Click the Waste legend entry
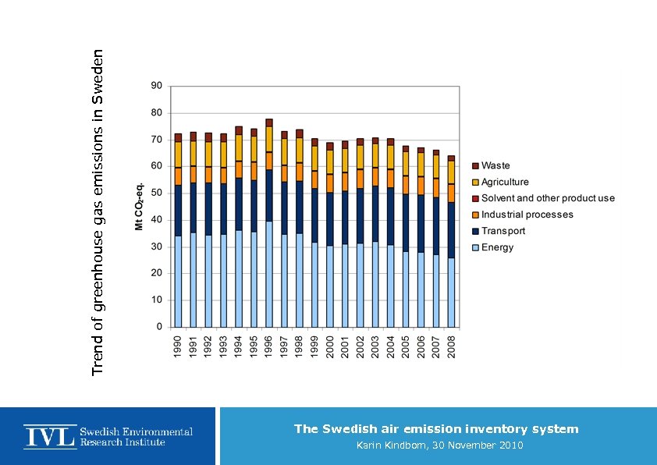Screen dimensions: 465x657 (x=495, y=165)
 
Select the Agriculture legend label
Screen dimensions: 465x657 (x=505, y=182)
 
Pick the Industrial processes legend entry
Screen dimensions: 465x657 (x=527, y=215)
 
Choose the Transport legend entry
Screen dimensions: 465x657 (x=503, y=231)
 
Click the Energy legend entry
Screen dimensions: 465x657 (x=497, y=247)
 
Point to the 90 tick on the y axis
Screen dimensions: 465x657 (x=156, y=86)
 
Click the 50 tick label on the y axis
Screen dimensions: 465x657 (x=156, y=193)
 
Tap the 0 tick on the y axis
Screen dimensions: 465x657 (x=159, y=326)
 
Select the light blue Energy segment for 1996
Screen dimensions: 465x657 (x=269, y=273)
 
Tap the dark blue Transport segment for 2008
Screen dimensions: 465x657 (x=451, y=229)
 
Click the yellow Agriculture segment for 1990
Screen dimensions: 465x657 (x=179, y=154)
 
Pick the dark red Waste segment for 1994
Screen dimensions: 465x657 (x=239, y=130)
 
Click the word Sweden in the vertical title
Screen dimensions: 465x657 (x=98, y=76)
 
